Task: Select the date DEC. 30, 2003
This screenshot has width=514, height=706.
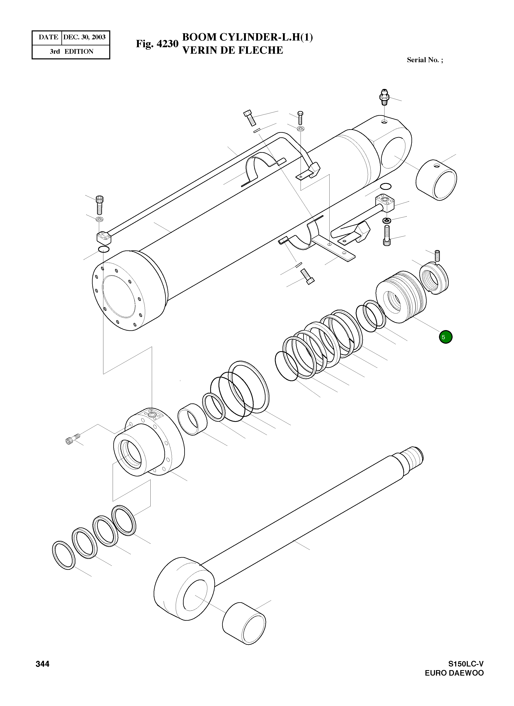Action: (84, 37)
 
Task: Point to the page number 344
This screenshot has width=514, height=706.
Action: (42, 664)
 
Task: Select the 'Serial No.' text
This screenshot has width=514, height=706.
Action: (424, 60)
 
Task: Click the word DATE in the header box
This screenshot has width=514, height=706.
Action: (48, 37)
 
